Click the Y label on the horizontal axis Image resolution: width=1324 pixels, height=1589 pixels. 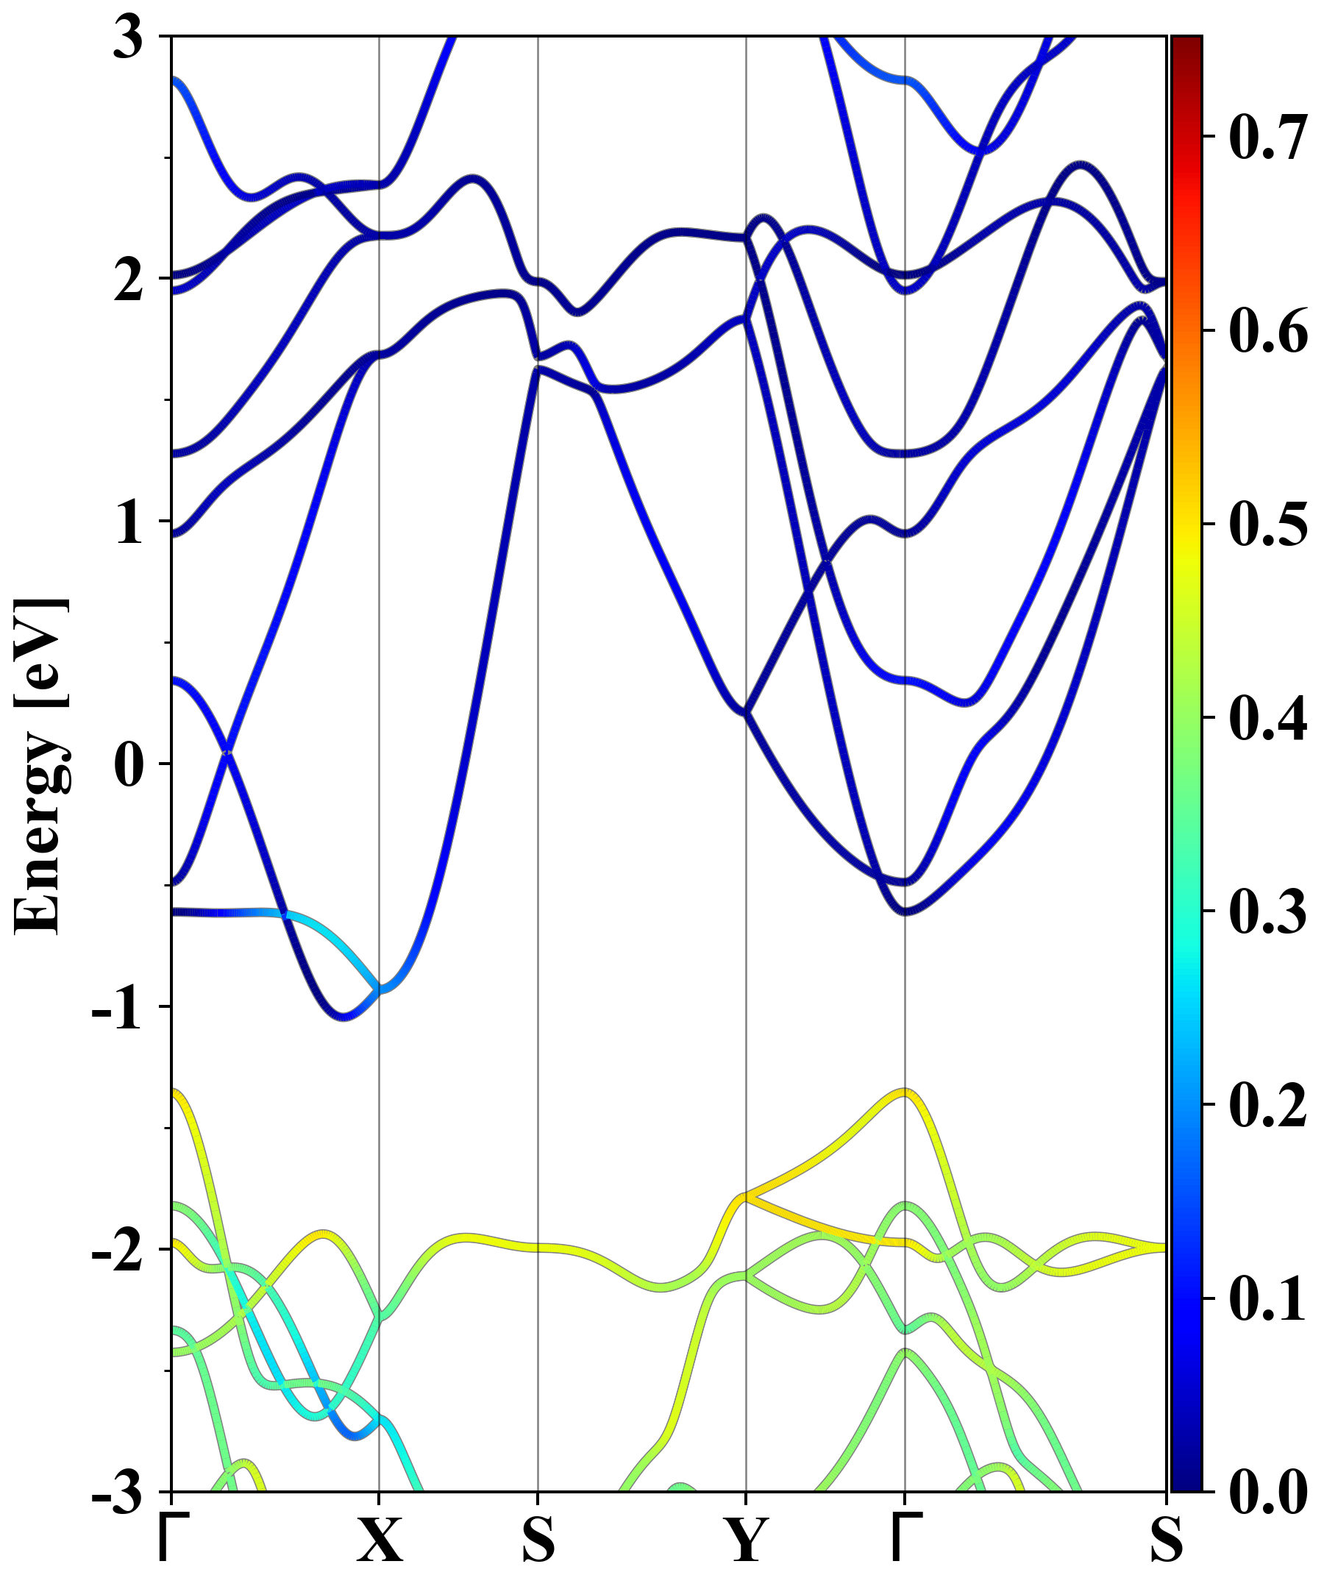[x=747, y=1540]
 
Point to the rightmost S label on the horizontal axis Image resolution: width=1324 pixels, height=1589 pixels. [x=1166, y=1540]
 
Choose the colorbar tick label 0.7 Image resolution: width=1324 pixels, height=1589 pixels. [x=1268, y=138]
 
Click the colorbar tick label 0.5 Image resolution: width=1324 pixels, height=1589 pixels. [x=1268, y=525]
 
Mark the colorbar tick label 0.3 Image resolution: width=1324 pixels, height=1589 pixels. [x=1268, y=911]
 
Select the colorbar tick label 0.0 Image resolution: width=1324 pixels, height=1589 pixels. [x=1268, y=1491]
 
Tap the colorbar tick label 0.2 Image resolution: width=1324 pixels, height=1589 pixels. [x=1268, y=1105]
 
